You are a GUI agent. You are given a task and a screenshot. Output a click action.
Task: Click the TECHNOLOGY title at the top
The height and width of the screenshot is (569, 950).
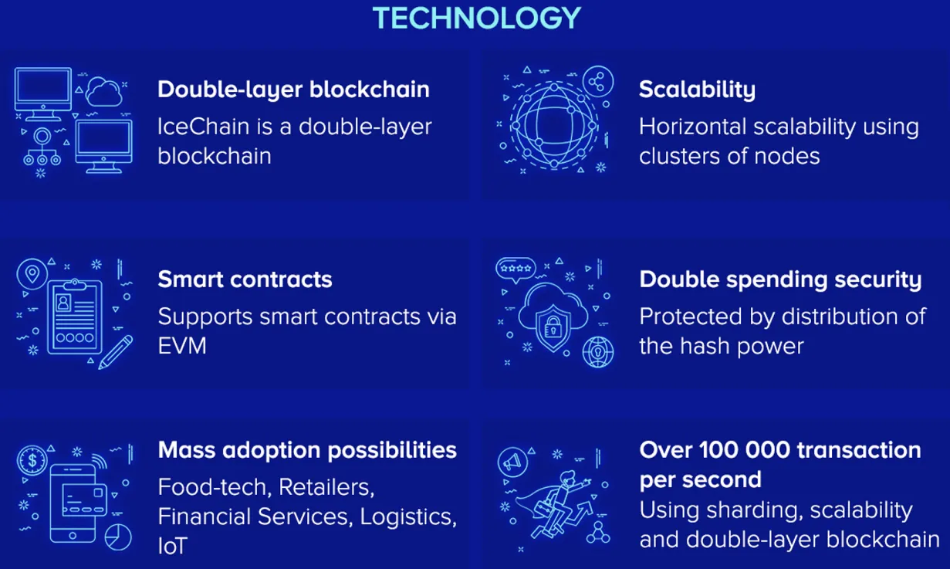click(477, 18)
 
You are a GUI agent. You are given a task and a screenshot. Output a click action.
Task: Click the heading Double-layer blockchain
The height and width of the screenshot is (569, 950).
click(293, 90)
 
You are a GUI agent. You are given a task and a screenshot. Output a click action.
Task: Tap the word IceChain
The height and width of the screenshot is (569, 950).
click(203, 127)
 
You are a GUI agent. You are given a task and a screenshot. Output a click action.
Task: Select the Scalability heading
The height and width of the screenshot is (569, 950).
click(697, 90)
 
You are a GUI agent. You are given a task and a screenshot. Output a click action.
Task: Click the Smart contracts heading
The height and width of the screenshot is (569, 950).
click(245, 279)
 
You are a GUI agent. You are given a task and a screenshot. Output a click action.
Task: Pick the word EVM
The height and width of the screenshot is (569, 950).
click(182, 346)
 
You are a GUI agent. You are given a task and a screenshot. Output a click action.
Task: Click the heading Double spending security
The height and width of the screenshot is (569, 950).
click(780, 280)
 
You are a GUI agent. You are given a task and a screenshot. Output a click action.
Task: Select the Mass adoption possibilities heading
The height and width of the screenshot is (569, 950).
click(307, 451)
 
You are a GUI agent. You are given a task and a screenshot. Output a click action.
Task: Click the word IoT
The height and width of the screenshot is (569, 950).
click(172, 546)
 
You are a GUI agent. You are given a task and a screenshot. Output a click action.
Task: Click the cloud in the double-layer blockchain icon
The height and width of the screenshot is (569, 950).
click(104, 92)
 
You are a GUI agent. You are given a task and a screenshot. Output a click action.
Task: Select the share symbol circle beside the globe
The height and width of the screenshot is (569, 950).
click(598, 81)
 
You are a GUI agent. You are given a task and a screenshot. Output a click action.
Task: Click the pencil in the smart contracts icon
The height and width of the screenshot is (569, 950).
click(115, 352)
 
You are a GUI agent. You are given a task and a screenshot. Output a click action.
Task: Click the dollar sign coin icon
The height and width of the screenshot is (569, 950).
click(32, 460)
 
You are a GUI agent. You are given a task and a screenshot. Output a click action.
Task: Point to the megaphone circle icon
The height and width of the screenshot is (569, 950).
click(512, 462)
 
